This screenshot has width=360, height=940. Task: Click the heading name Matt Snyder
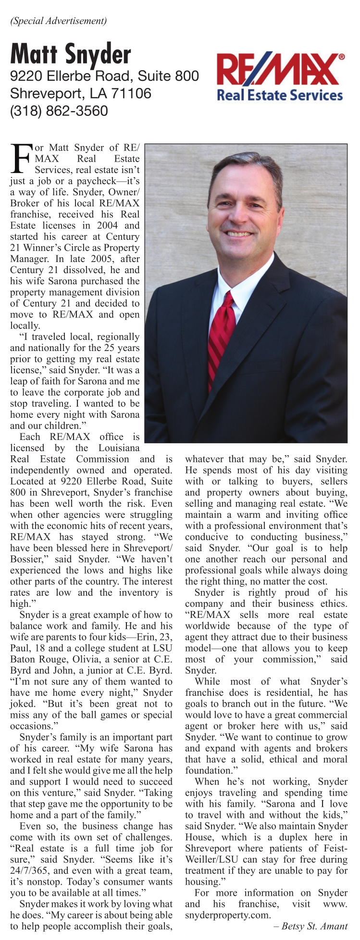pos(71,54)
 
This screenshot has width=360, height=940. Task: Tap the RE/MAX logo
pos(280,70)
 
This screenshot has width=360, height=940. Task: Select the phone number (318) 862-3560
pos(59,111)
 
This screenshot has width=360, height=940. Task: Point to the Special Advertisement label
pos(58,21)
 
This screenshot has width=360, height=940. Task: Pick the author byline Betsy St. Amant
pos(315,926)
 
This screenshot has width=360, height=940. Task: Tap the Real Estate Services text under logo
pos(280,95)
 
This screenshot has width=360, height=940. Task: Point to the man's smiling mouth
pos(239,233)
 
